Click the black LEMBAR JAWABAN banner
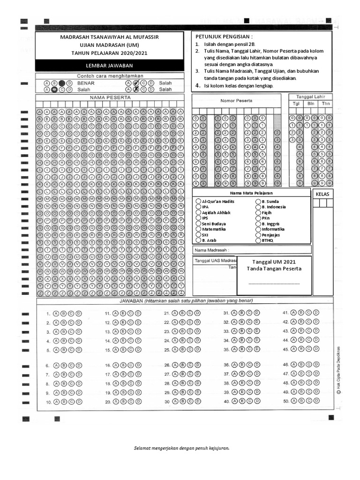(109, 66)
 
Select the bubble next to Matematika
(198, 229)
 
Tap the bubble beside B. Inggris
(258, 224)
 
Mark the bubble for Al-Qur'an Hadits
(198, 202)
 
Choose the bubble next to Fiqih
(258, 212)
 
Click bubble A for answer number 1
(56, 314)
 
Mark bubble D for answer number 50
(316, 401)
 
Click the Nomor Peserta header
(236, 100)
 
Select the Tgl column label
(296, 104)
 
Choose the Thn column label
(325, 104)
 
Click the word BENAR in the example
(86, 83)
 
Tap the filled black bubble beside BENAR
(62, 83)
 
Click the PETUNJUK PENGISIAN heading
(224, 36)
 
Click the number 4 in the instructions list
(198, 86)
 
